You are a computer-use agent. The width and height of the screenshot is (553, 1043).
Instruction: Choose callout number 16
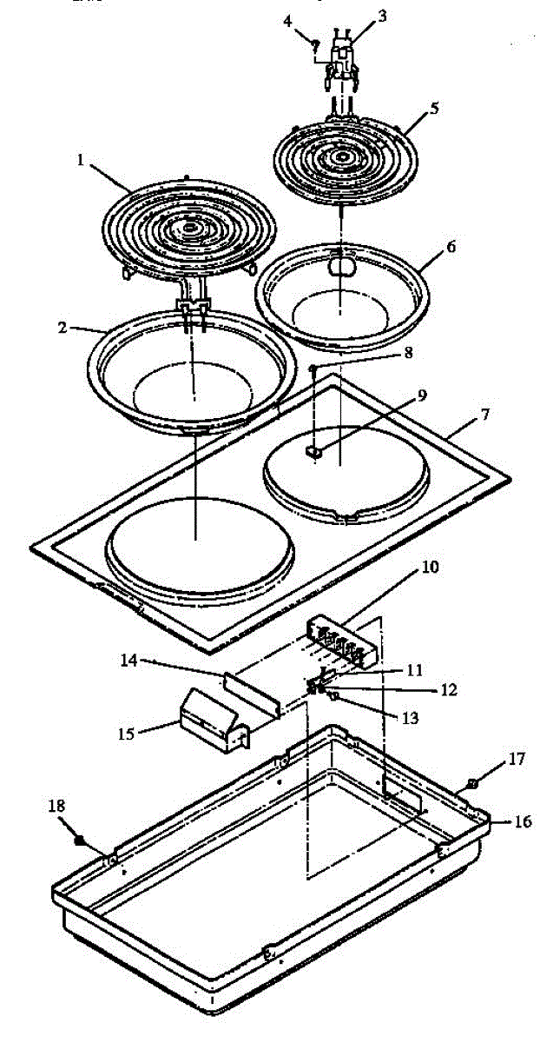523,820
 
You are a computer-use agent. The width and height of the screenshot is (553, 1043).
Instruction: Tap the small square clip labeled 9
315,451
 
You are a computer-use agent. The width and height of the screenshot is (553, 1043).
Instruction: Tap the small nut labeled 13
334,696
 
